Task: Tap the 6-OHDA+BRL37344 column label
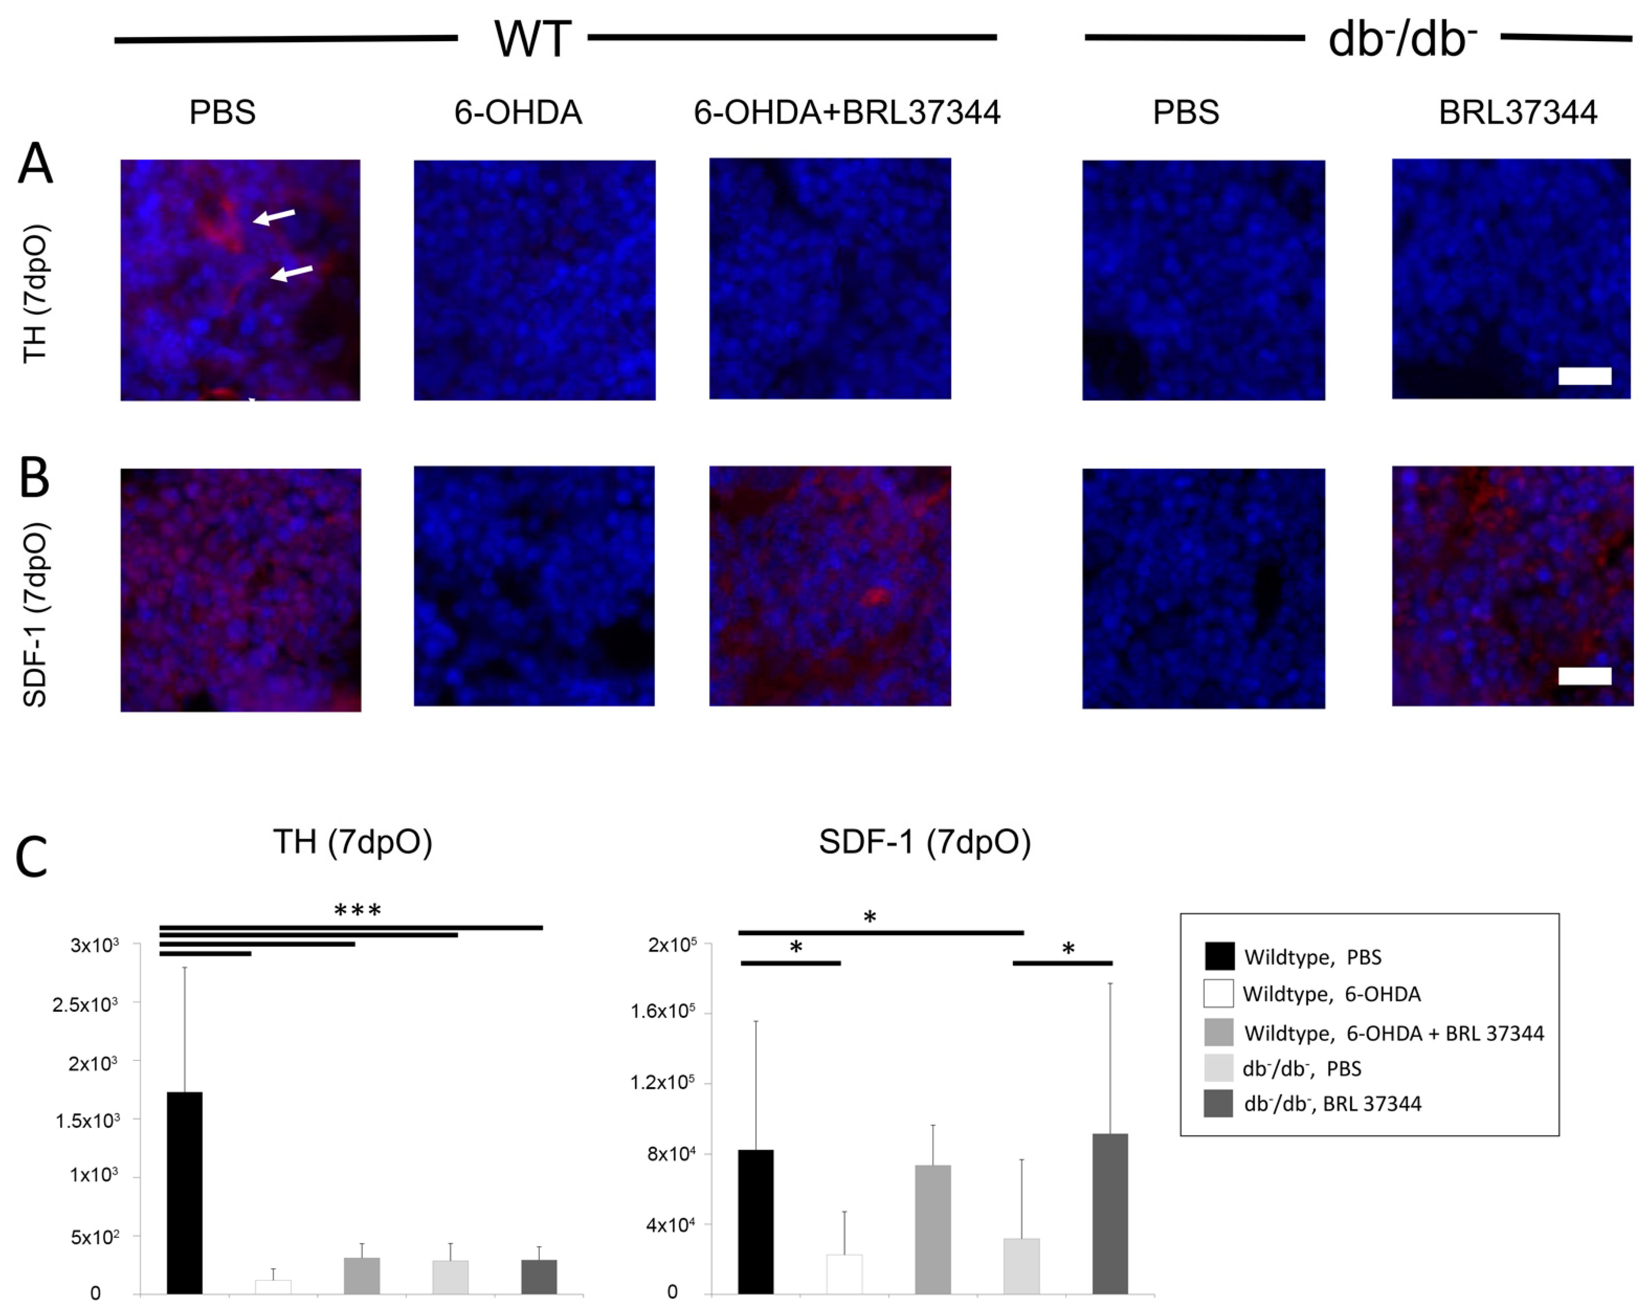click(x=847, y=113)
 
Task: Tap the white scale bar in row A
click(x=1584, y=375)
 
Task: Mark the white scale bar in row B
click(x=1584, y=675)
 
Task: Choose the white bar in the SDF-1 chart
click(x=844, y=1273)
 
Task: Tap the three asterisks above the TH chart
click(x=358, y=911)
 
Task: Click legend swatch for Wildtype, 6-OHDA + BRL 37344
click(x=1218, y=1032)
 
